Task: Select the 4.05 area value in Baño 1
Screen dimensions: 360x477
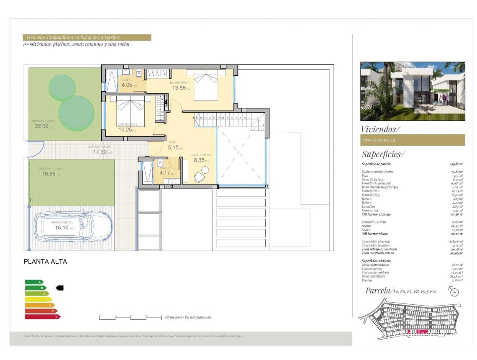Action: point(127,85)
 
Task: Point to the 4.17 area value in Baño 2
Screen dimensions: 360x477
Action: point(164,173)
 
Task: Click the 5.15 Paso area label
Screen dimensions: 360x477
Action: point(173,148)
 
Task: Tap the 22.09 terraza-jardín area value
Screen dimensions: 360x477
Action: point(42,126)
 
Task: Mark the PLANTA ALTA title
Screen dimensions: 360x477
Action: point(45,262)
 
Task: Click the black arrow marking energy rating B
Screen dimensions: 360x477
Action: point(59,288)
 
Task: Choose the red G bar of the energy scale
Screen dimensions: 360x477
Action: point(42,317)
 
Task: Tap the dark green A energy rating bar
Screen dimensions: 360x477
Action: point(34,282)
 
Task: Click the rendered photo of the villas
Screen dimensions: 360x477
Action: point(412,91)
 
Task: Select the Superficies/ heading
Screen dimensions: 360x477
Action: point(383,154)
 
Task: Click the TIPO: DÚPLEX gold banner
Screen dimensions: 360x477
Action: point(412,140)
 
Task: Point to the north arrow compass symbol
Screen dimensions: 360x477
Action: point(454,291)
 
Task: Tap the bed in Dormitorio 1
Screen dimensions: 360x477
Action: point(205,85)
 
